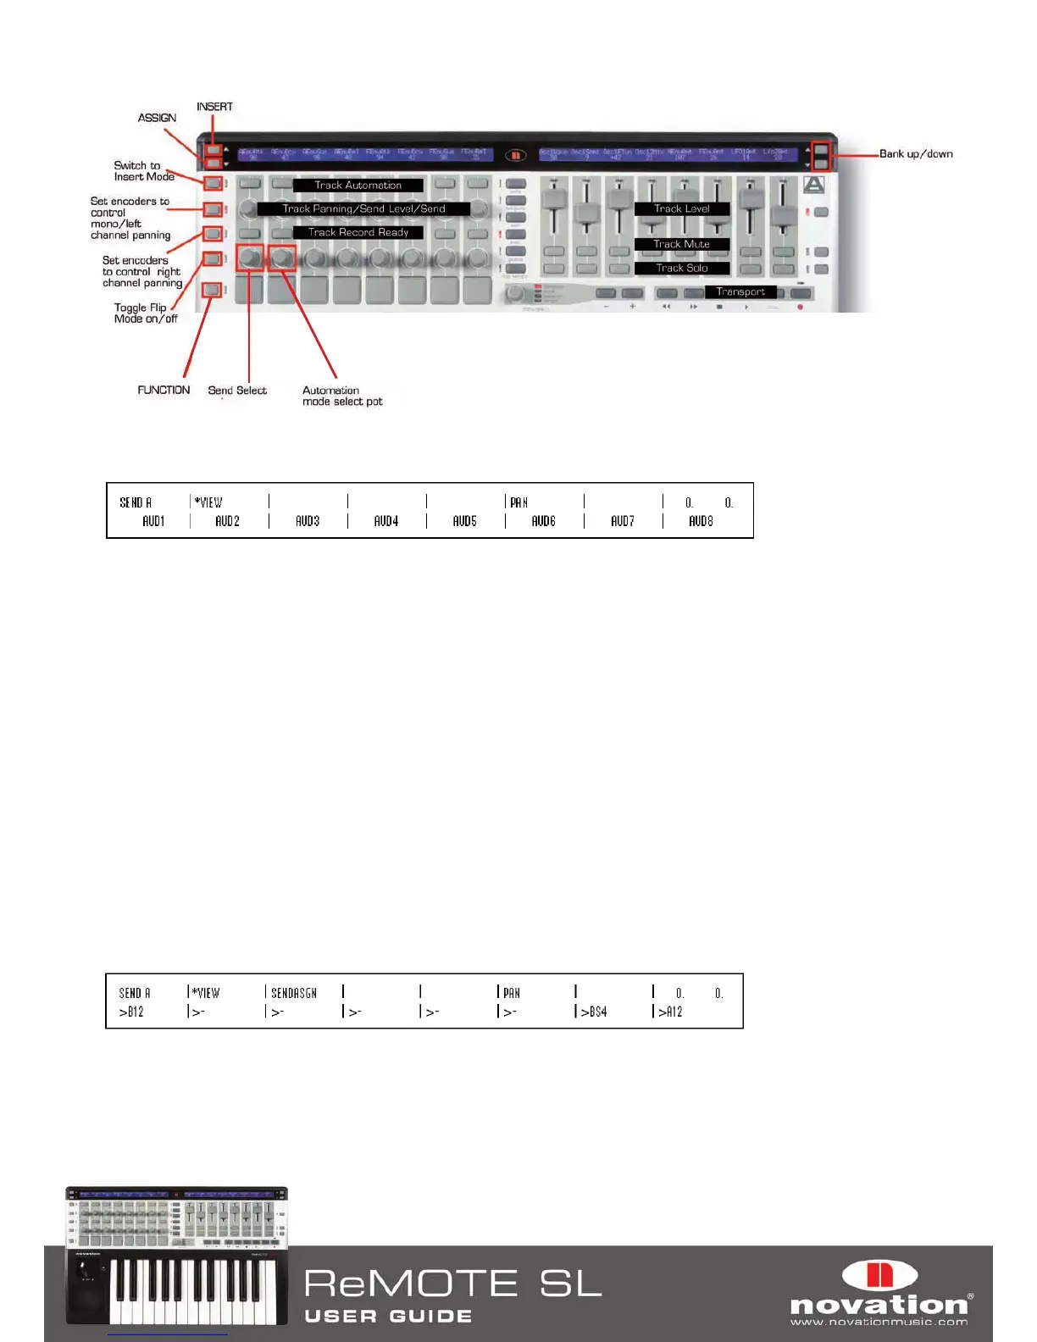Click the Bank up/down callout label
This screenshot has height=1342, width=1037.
[x=916, y=154]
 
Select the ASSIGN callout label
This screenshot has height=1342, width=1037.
[x=157, y=118]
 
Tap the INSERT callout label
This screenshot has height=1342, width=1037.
[x=214, y=107]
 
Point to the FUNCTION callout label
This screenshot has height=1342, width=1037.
[x=164, y=390]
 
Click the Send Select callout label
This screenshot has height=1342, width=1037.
[x=237, y=391]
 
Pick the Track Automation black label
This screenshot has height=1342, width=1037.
[x=358, y=186]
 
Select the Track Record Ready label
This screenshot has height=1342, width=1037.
[x=358, y=232]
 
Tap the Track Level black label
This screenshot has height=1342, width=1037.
[x=681, y=208]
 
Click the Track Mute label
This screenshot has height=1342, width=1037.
[x=681, y=244]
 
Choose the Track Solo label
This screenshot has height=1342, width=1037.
[x=681, y=268]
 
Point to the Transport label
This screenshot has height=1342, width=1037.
[x=740, y=291]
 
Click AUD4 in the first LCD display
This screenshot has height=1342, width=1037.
[x=386, y=521]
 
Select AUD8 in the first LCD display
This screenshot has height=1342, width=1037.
[x=701, y=521]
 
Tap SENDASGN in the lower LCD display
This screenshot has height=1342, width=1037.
[x=294, y=993]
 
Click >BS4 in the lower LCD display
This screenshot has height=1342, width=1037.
[x=593, y=1012]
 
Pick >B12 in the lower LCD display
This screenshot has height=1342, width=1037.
[x=131, y=1012]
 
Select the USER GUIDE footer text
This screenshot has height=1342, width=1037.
[x=388, y=1316]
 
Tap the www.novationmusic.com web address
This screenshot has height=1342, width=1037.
[x=879, y=1322]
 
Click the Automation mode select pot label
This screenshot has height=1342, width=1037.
[x=342, y=396]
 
